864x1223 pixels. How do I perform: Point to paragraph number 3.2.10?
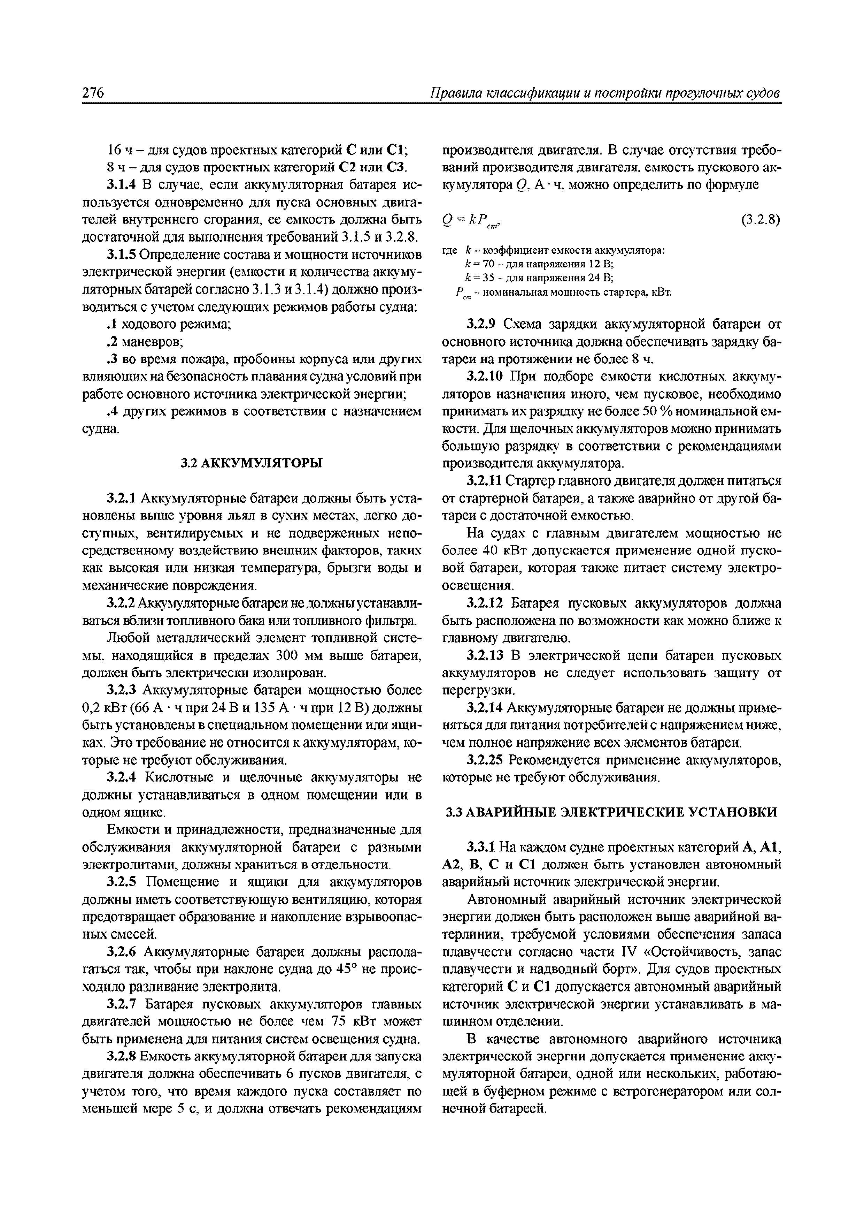(485, 377)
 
